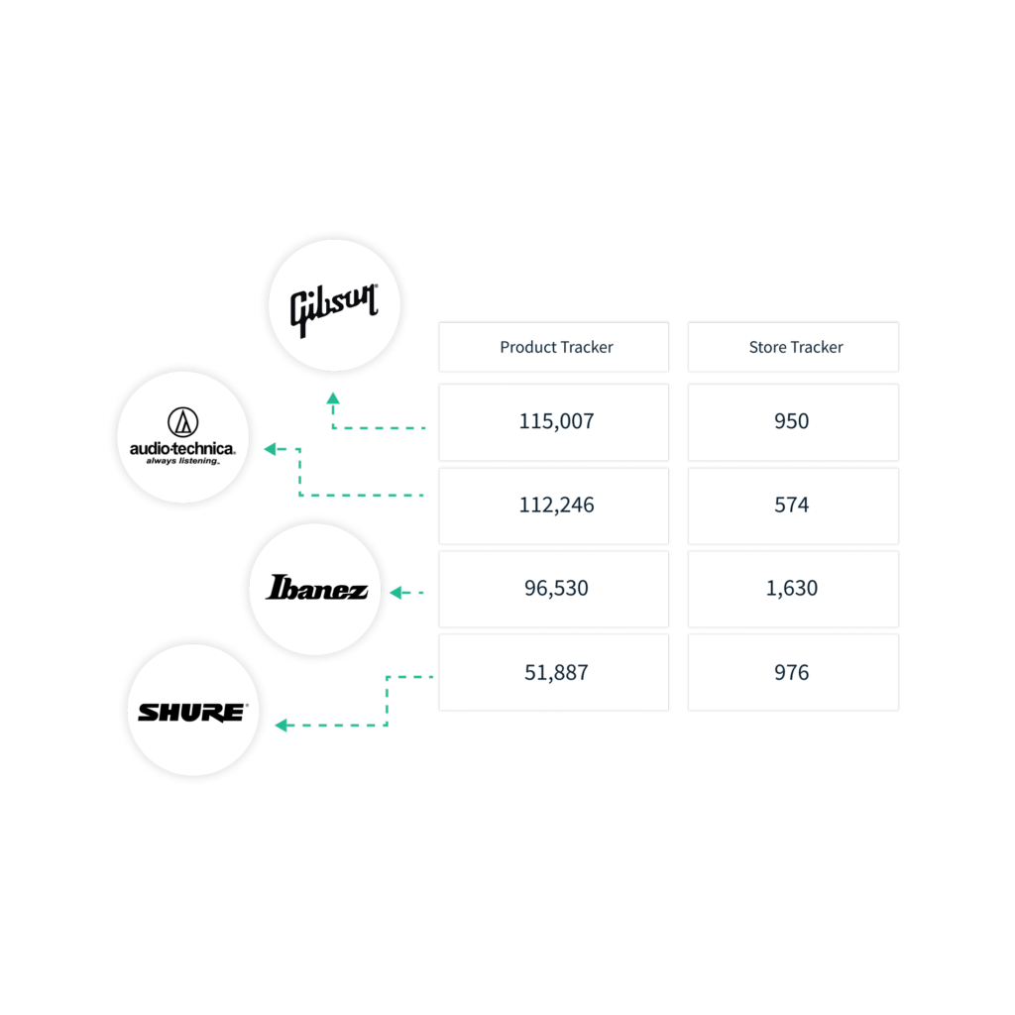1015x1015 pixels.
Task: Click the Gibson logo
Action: coord(333,309)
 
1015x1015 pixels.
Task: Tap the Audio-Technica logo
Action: coord(182,436)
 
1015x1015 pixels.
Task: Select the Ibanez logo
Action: coord(316,588)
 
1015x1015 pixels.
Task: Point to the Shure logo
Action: coord(193,712)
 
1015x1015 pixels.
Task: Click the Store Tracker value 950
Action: coord(793,422)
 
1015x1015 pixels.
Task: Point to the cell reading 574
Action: coord(793,506)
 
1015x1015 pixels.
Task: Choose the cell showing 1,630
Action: coord(793,589)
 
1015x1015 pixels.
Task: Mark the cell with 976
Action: coord(793,673)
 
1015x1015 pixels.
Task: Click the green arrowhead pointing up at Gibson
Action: coord(333,398)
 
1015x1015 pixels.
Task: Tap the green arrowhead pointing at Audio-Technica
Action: coord(271,449)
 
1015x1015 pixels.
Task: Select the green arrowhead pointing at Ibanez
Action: coord(396,593)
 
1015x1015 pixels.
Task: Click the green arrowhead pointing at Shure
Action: coord(281,725)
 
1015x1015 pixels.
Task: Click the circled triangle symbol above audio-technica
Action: coord(183,422)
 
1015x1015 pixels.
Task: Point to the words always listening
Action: coord(182,461)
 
